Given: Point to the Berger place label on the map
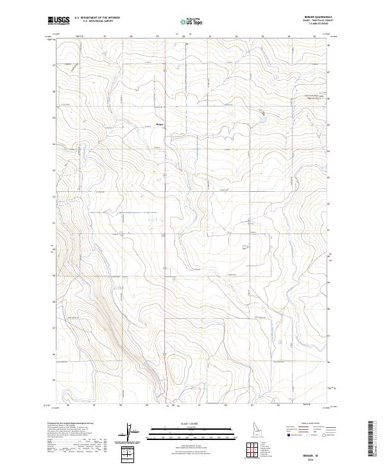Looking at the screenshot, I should pos(160,124).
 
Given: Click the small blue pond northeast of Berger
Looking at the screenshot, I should pos(262,115).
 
